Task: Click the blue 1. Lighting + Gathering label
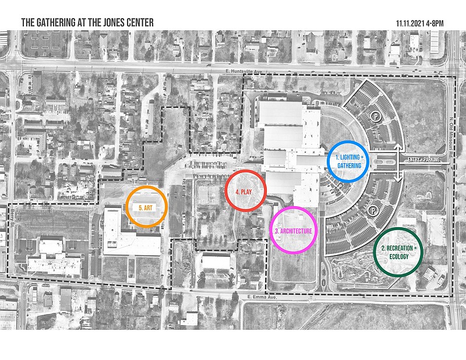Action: [x=349, y=161]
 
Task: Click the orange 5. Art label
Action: [x=147, y=207]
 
